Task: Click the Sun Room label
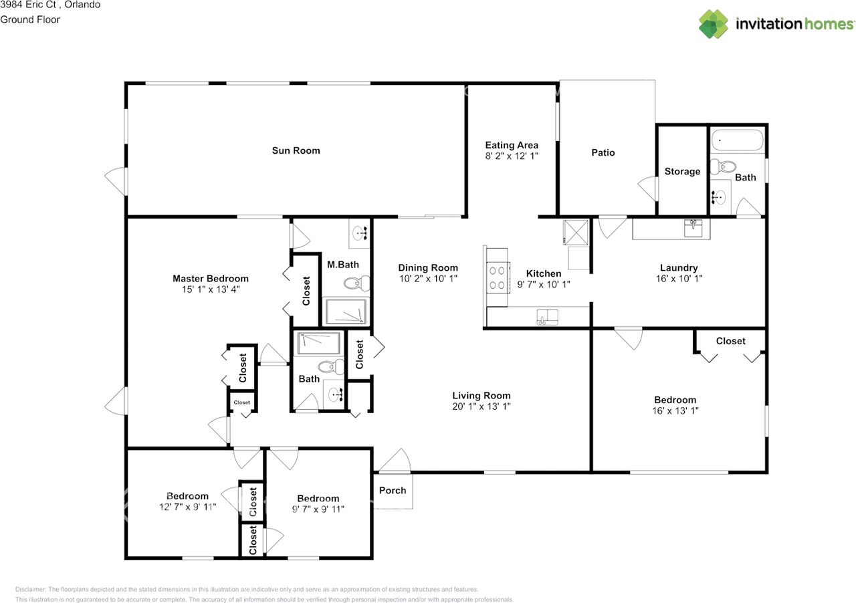[296, 150]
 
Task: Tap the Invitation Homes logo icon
[714, 24]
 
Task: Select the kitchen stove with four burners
[497, 277]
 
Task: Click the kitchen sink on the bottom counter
[546, 316]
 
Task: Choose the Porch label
[393, 490]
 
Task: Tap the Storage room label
[682, 172]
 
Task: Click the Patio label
[603, 152]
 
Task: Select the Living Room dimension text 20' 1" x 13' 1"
[481, 406]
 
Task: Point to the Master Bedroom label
[210, 279]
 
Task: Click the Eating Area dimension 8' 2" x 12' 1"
[512, 156]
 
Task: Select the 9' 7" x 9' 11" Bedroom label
[318, 499]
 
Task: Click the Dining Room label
[428, 267]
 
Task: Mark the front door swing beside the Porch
[396, 461]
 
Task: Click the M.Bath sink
[360, 233]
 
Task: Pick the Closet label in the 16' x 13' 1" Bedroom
[730, 341]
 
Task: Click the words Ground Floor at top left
[30, 19]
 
